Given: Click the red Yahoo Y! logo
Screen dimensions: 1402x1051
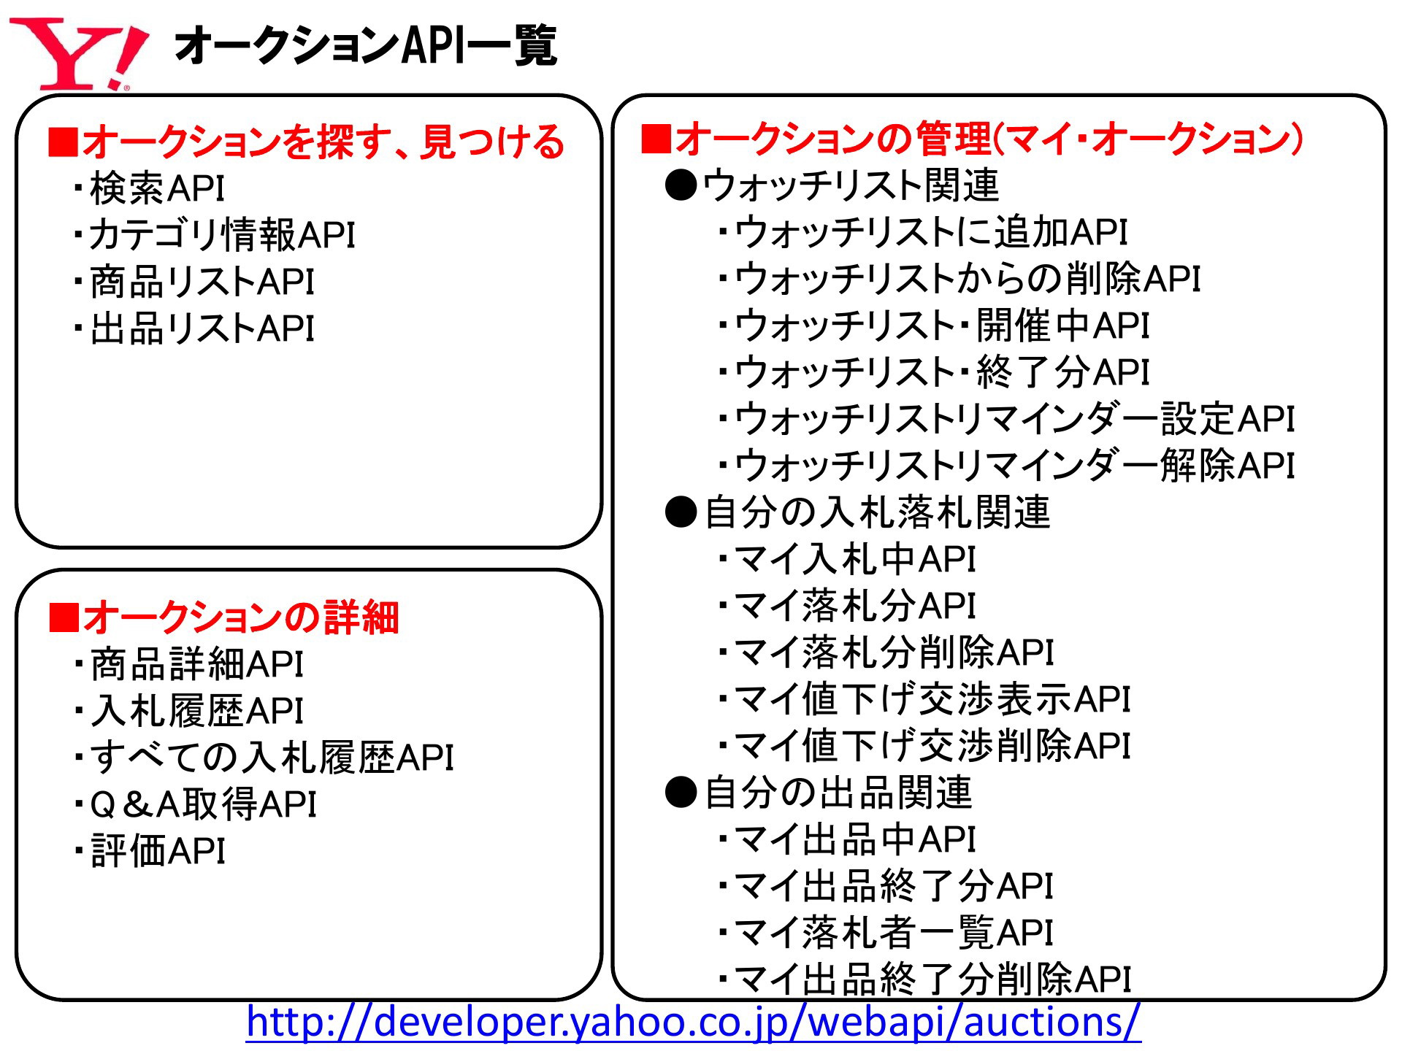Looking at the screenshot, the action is pos(79,54).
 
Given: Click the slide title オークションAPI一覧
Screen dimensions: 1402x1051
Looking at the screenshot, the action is pos(366,45).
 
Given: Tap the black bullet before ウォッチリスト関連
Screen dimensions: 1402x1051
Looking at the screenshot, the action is pos(681,185).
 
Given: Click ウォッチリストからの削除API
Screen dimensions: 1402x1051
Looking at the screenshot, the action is pos(959,279).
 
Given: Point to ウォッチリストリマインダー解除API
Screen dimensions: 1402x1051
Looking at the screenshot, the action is pos(1005,466).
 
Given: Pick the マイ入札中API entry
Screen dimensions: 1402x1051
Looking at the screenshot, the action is pos(846,559).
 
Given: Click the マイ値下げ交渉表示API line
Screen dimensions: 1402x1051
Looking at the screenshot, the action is pos(924,699).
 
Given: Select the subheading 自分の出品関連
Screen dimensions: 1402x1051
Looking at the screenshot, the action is pos(838,793).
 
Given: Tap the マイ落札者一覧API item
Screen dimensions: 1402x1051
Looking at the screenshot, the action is pos(885,933).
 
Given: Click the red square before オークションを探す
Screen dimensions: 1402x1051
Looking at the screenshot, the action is pos(63,142).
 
